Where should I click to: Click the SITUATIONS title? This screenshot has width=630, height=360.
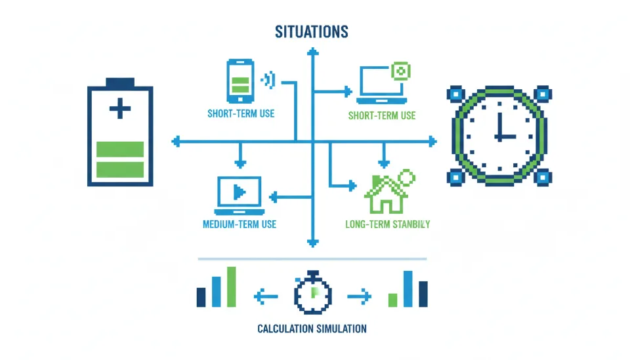[x=312, y=31]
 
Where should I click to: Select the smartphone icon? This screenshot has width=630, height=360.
[x=240, y=81]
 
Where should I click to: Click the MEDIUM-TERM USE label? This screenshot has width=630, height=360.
[x=240, y=224]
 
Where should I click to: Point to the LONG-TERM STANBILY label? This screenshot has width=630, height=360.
[x=387, y=224]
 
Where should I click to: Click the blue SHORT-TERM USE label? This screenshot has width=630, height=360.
[x=241, y=113]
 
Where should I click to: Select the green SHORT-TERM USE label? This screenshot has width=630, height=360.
[x=382, y=116]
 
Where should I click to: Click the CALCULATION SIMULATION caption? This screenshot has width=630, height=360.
[x=312, y=329]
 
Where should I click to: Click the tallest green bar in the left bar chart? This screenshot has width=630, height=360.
[x=231, y=287]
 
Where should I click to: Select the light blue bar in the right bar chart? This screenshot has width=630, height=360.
[x=408, y=289]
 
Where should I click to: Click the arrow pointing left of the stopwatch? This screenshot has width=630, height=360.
[x=265, y=296]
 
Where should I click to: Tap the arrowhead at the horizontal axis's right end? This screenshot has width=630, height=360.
[x=431, y=140]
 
